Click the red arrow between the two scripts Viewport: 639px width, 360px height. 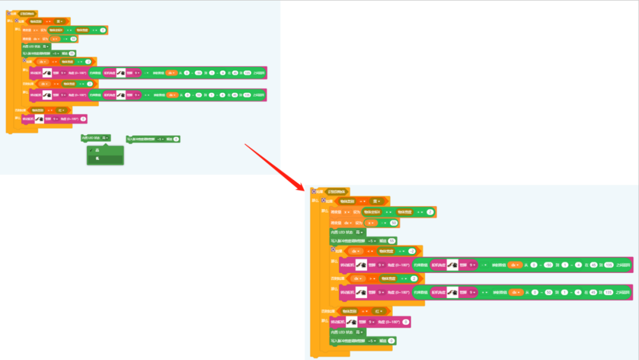[x=275, y=167]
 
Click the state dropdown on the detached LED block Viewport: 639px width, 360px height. [x=106, y=137]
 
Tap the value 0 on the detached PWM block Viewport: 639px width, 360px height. [x=176, y=139]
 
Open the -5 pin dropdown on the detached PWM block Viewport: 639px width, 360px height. [x=160, y=139]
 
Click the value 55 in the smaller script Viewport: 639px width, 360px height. [x=72, y=53]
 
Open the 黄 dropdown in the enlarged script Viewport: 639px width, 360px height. [x=374, y=201]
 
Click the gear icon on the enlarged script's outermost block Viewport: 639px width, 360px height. [x=314, y=191]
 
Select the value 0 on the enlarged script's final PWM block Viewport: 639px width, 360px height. [x=391, y=341]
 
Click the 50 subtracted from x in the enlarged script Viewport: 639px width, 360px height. [x=393, y=223]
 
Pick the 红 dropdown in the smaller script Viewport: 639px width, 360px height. [x=62, y=110]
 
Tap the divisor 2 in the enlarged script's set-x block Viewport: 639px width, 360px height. [x=430, y=212]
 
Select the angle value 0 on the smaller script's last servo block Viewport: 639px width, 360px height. [x=83, y=119]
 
